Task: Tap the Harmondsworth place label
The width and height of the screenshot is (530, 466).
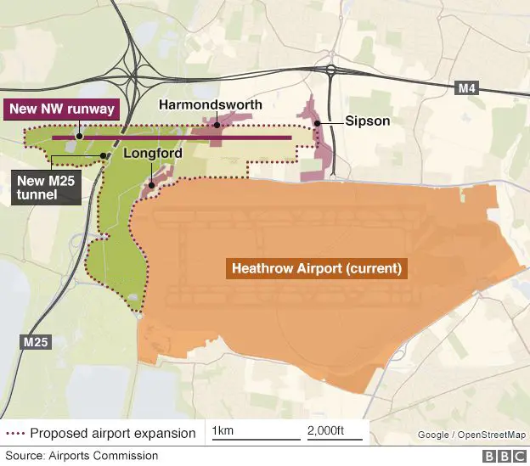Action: click(211, 104)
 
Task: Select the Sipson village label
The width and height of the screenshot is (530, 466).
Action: click(367, 121)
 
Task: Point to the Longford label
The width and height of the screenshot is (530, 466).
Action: click(153, 154)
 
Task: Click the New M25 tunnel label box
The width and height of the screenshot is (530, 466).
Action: click(47, 187)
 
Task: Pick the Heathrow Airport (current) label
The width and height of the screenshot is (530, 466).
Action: click(316, 269)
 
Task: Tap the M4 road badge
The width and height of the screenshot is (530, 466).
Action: click(467, 88)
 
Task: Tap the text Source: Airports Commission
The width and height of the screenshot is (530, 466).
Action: click(82, 456)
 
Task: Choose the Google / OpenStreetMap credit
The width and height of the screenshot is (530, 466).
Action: click(470, 435)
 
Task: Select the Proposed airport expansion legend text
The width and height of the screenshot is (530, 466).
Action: click(112, 434)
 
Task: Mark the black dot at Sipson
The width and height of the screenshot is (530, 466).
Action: click(318, 124)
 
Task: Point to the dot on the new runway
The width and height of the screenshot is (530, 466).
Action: click(78, 135)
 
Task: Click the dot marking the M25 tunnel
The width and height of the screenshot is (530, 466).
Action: click(103, 155)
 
